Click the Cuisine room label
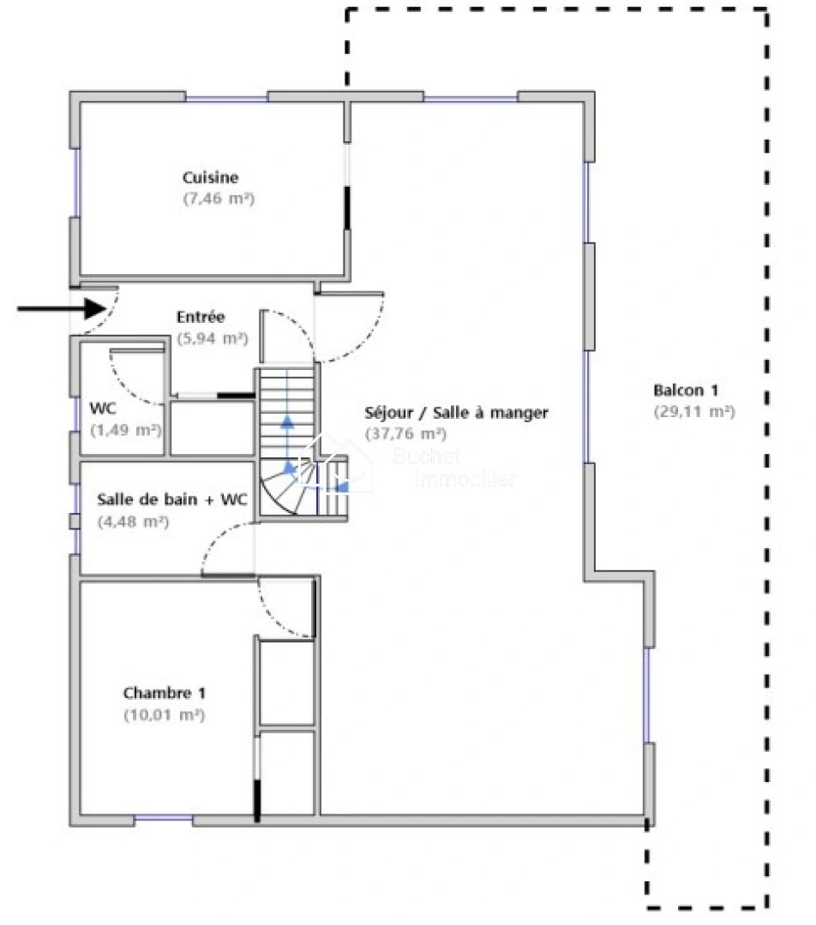[x=210, y=177]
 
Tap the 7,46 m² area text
[x=219, y=198]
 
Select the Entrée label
[x=201, y=316]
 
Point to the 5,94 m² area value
[x=212, y=338]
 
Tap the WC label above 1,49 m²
[x=103, y=408]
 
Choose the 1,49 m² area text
[x=126, y=430]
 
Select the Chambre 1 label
[x=164, y=693]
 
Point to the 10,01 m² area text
[x=164, y=714]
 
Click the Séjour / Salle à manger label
[x=456, y=412]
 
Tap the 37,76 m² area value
[x=405, y=433]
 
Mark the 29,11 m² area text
[x=693, y=411]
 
